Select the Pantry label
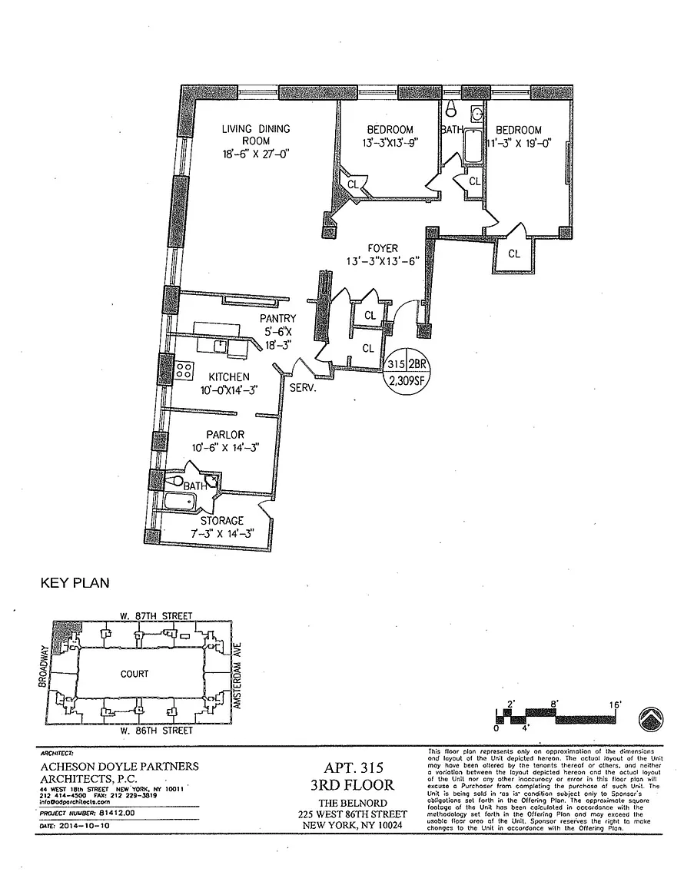pos(277,318)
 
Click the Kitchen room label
pos(229,376)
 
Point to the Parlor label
pos(225,435)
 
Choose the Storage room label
pos(221,521)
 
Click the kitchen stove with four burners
pos(184,371)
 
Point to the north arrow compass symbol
pos(651,719)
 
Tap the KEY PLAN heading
pos(75,583)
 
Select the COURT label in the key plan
pos(134,674)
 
